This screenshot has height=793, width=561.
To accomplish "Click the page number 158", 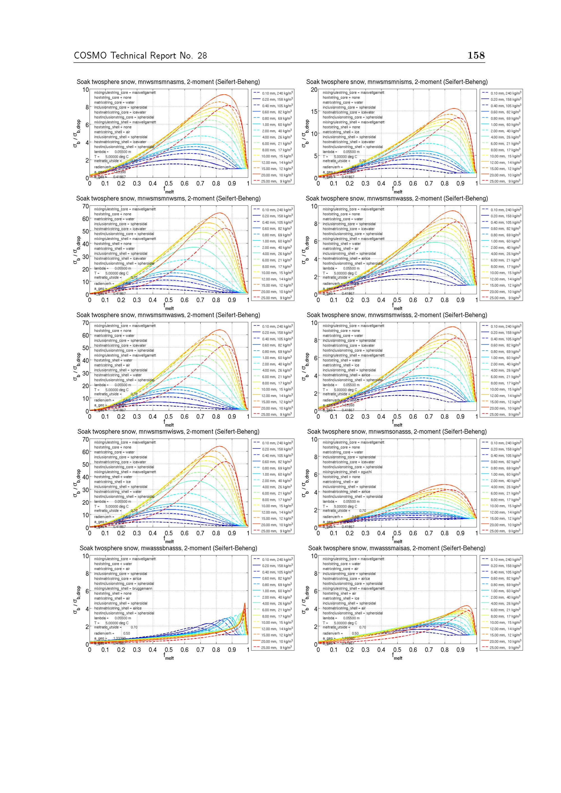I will tap(476, 55).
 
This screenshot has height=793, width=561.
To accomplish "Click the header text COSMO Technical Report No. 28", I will tap(140, 56).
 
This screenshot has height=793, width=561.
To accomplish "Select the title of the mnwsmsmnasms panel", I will tap(168, 82).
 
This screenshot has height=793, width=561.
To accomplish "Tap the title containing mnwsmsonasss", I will tap(397, 431).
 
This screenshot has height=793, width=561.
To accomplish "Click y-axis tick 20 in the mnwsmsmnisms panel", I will tap(314, 90).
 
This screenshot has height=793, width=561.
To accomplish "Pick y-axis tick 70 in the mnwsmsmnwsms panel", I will tap(85, 206).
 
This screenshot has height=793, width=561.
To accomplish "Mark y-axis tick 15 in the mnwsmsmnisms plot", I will tap(314, 112).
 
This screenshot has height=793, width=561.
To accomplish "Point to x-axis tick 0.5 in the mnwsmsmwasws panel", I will tap(169, 417).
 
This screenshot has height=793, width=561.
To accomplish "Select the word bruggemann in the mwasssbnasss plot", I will tap(142, 589).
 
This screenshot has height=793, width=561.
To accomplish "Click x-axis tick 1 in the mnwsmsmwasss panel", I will tap(476, 300).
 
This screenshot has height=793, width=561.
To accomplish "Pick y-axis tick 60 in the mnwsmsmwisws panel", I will tap(85, 452).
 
